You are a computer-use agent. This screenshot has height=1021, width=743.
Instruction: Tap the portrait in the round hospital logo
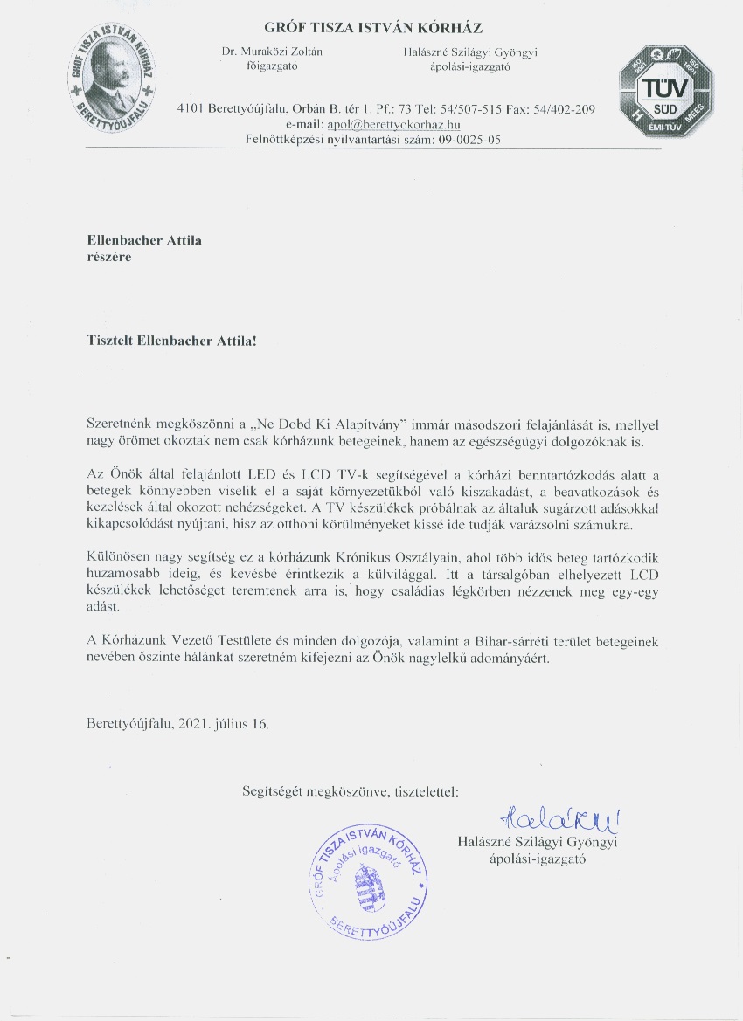coord(115,72)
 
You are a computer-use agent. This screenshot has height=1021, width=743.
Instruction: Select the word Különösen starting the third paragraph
coord(120,555)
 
